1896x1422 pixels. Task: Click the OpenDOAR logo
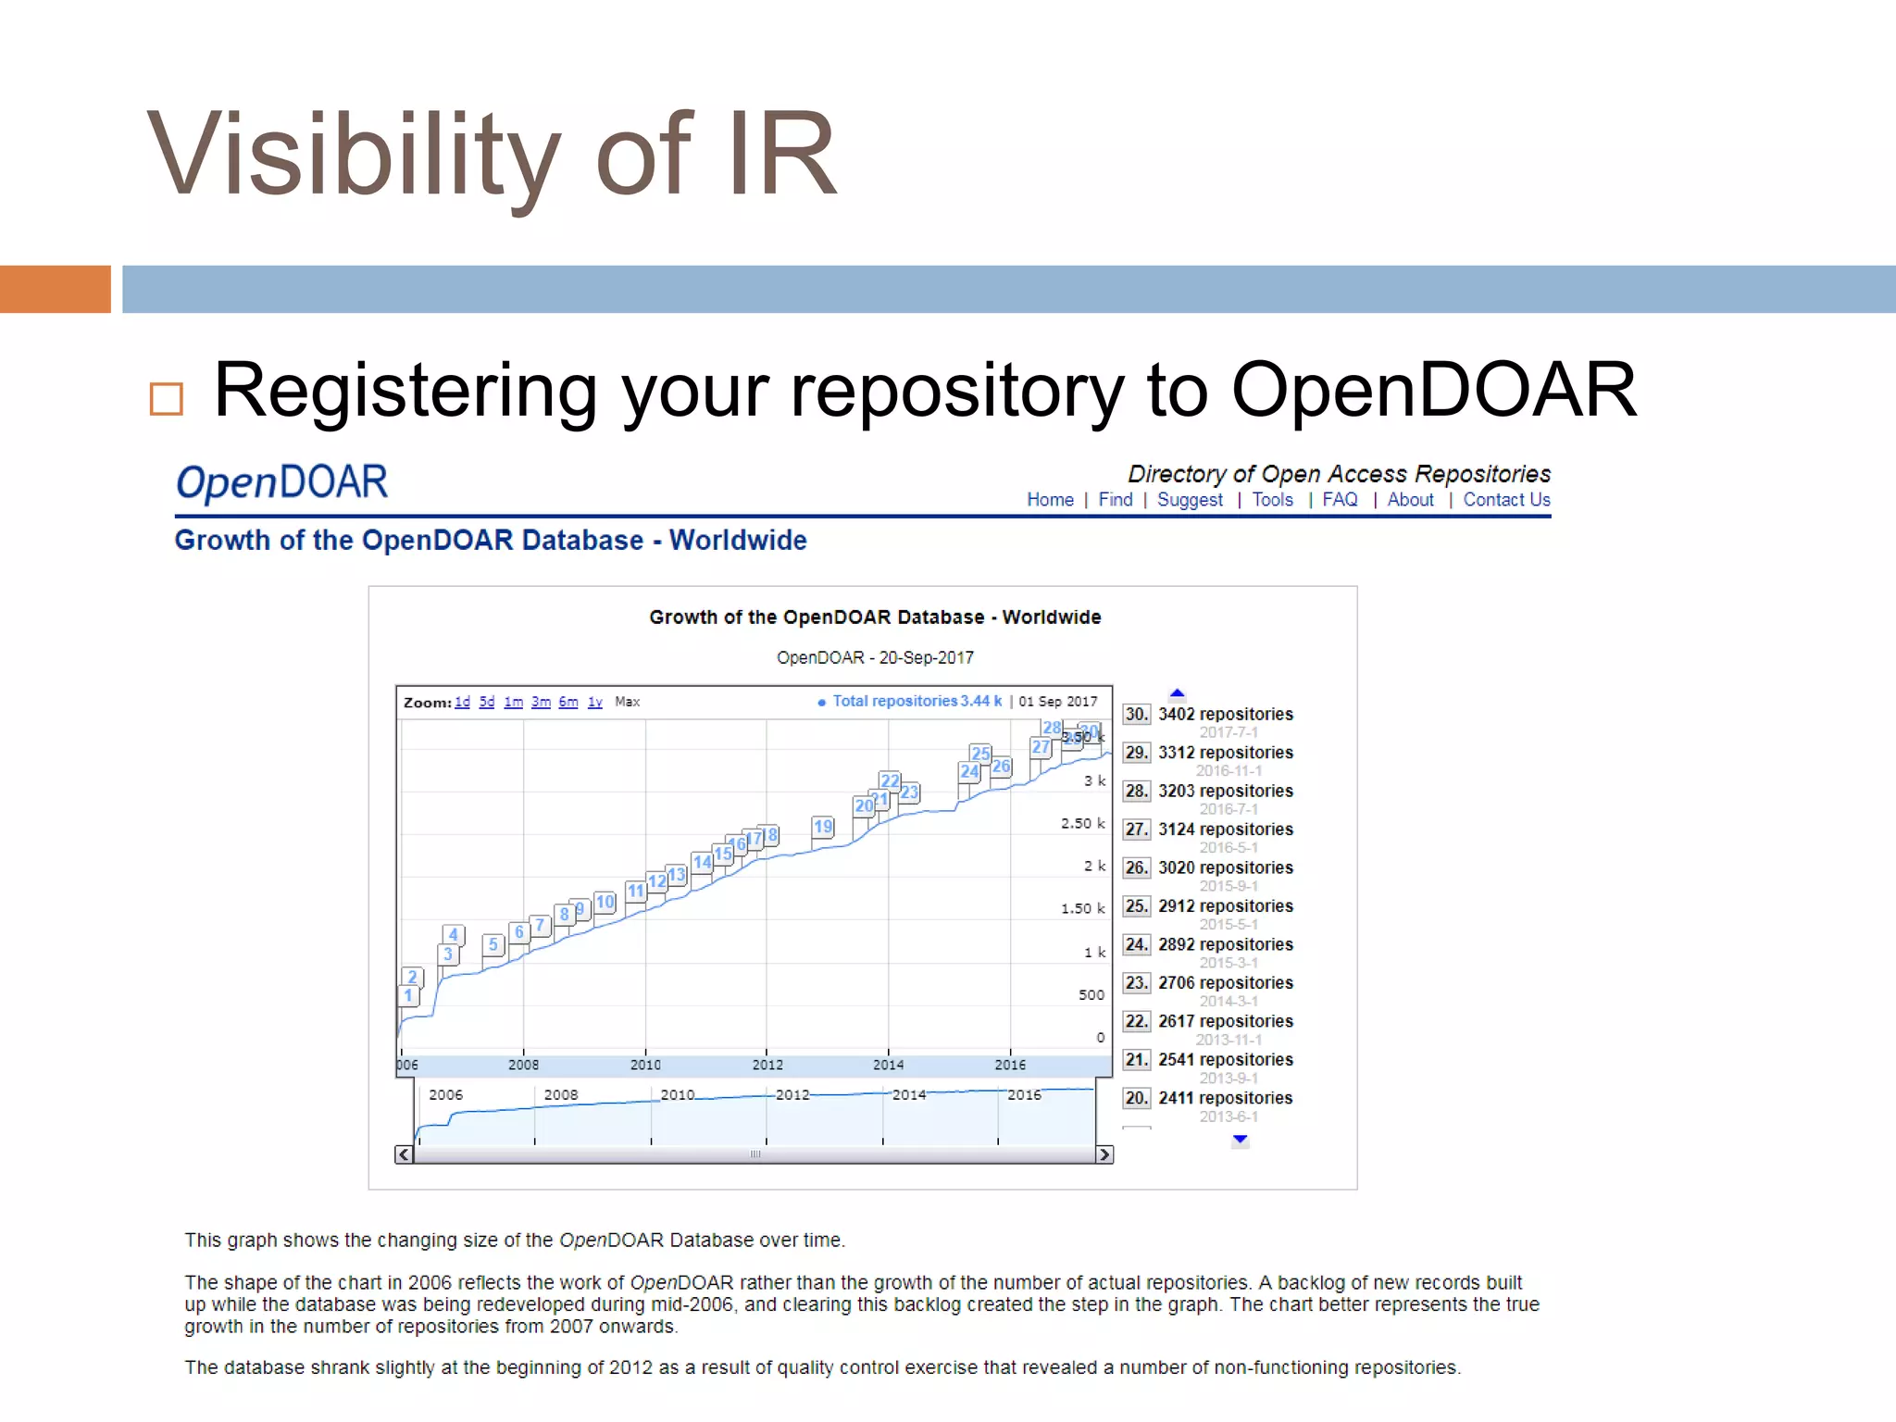point(282,483)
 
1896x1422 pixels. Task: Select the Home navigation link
point(1050,500)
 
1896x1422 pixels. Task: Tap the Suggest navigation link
point(1190,500)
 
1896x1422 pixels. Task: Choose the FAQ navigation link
point(1340,500)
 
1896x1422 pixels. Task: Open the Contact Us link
point(1506,500)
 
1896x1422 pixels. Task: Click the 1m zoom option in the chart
point(513,702)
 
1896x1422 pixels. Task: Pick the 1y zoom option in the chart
point(594,702)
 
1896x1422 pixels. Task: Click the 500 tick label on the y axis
point(1091,994)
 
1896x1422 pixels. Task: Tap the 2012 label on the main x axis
point(767,1065)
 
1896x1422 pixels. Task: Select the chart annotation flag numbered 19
point(823,826)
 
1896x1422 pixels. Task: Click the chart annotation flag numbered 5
point(493,944)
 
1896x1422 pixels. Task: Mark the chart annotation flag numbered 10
point(605,901)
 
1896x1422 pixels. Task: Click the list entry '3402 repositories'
point(1225,714)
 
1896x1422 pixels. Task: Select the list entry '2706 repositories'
point(1225,982)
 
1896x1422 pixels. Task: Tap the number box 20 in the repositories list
point(1136,1098)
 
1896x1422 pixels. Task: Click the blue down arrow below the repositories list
point(1241,1140)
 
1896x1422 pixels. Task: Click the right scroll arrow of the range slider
point(1104,1154)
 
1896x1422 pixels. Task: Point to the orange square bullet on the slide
point(167,399)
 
